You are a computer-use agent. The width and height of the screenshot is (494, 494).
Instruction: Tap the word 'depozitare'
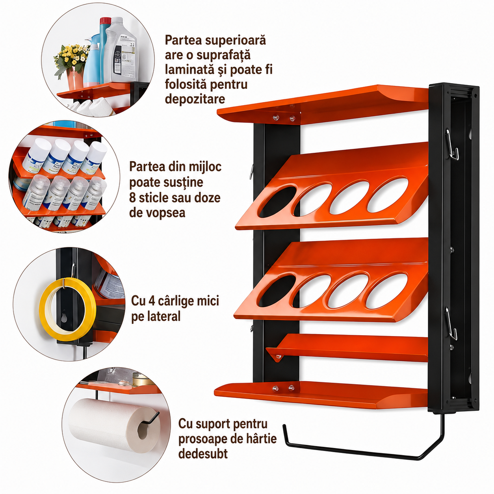[195, 99]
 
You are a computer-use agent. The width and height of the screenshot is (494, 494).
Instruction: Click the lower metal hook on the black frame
[451, 323]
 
